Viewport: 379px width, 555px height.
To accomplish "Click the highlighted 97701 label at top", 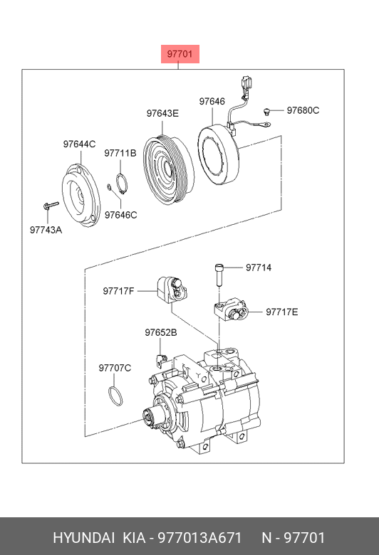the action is (180, 54).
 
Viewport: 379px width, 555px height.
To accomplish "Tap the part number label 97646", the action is (212, 101).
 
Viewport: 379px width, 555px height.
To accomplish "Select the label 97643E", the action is (162, 113).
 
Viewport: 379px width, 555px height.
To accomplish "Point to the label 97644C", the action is (79, 144).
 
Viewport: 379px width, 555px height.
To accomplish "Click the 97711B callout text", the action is (120, 153).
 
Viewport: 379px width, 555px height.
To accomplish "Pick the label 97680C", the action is (303, 110).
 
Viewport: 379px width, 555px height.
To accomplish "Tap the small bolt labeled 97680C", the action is (266, 112).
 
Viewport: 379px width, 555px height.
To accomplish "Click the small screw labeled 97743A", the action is (51, 206).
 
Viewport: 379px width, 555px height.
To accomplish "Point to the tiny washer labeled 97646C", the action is (110, 186).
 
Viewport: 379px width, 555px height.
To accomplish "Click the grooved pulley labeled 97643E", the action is (168, 169).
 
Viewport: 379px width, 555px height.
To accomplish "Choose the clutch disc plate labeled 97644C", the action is (81, 196).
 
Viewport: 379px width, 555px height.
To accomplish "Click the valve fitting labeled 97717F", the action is (172, 290).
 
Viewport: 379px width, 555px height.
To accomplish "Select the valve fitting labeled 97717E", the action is (230, 310).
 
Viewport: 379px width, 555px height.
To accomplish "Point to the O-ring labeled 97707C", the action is (115, 396).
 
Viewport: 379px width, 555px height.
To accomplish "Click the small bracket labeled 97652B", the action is (160, 360).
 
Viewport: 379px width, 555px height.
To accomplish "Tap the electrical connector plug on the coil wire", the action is (244, 84).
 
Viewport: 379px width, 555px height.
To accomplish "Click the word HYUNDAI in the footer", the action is (83, 538).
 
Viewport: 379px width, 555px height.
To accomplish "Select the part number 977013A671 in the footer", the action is (199, 538).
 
